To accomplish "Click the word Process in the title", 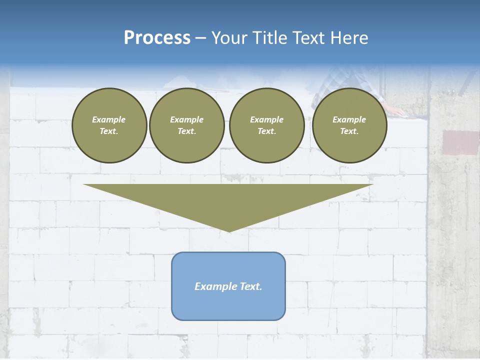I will click(x=157, y=38).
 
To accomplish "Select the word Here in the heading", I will click(x=350, y=38).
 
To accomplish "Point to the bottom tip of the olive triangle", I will click(x=229, y=231).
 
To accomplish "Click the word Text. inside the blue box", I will click(x=250, y=286).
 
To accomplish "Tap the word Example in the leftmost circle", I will click(x=109, y=119).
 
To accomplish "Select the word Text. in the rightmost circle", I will click(x=349, y=131).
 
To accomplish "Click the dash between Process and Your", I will click(x=200, y=38).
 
